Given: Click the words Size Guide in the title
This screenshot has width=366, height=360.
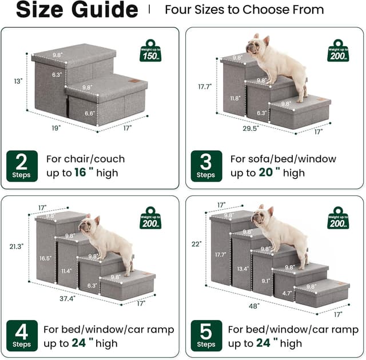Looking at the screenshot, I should tap(77, 10).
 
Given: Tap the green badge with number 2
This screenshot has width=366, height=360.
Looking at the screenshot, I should tap(22, 165).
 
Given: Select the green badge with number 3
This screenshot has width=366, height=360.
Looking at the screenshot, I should tap(206, 165).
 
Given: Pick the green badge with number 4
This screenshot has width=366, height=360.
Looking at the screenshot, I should tap(22, 336).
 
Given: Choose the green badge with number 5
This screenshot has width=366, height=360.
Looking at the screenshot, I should tap(206, 336).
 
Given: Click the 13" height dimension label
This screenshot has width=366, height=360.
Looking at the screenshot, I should tap(18, 82).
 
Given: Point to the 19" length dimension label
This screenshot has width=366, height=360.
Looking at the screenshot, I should tap(56, 129).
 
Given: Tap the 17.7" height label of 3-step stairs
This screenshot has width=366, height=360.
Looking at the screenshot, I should tap(204, 86).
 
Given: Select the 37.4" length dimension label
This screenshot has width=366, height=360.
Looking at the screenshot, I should tap(67, 298).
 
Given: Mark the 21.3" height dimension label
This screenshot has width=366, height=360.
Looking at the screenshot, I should tap(17, 246).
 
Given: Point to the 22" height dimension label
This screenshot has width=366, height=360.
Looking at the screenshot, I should tap(197, 244).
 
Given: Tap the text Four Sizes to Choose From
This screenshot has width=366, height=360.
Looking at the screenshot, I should tap(244, 10).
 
